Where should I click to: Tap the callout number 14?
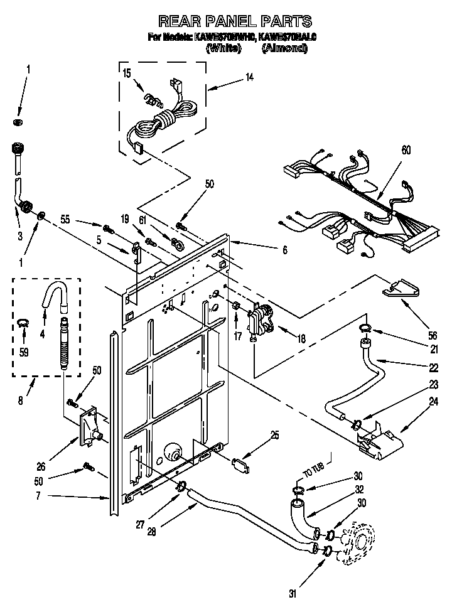click(x=250, y=78)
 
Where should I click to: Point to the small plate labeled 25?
click(x=239, y=465)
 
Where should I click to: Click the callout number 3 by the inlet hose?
click(x=19, y=235)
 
